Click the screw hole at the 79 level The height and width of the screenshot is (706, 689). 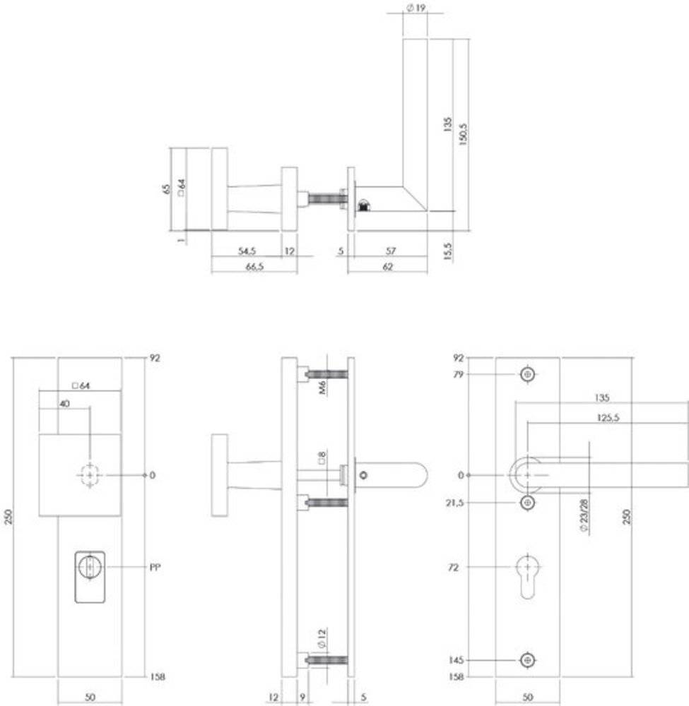(526, 375)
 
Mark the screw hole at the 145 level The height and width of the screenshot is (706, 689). (526, 660)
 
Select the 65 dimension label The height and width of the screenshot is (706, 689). (166, 189)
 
